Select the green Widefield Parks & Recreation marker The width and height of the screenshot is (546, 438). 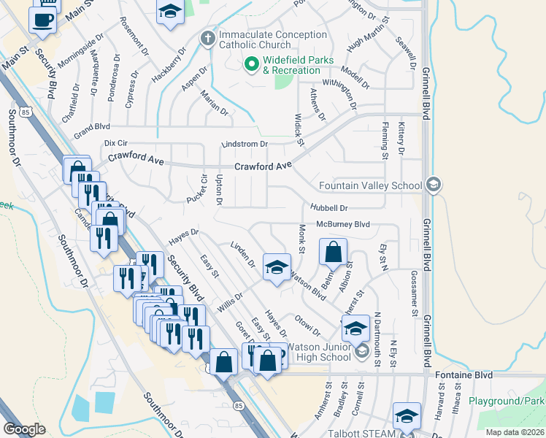pyautogui.click(x=252, y=65)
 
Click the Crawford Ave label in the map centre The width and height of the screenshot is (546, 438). pyautogui.click(x=263, y=166)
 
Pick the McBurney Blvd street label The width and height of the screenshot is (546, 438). pyautogui.click(x=343, y=224)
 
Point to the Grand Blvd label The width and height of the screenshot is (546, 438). pyautogui.click(x=91, y=135)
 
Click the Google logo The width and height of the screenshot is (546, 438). pyautogui.click(x=24, y=429)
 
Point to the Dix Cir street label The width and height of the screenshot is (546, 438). pyautogui.click(x=116, y=144)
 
